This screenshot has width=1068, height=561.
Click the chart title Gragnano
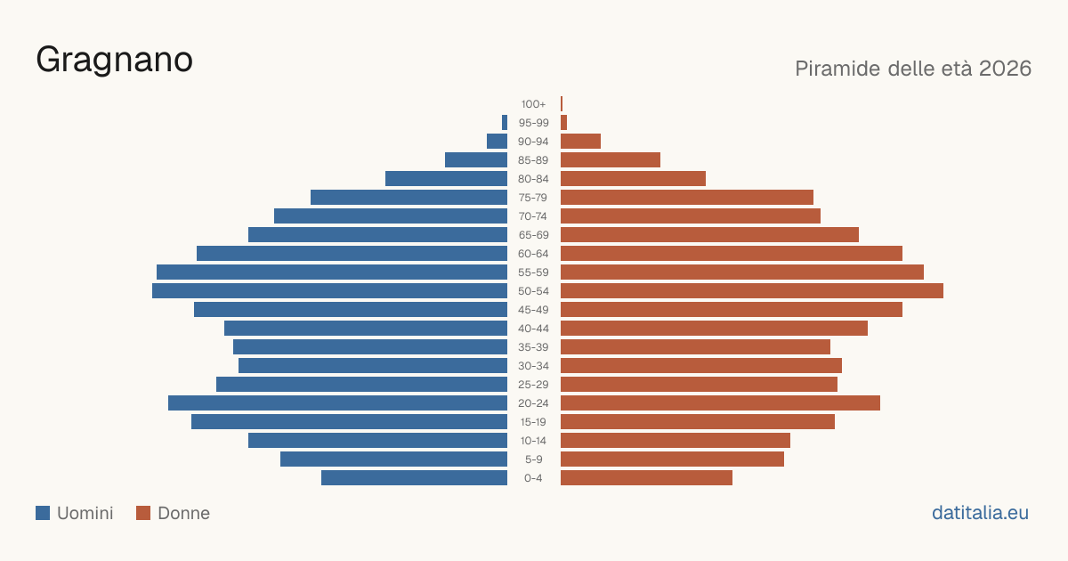pyautogui.click(x=115, y=61)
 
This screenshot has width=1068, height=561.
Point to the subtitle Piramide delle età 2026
pyautogui.click(x=913, y=69)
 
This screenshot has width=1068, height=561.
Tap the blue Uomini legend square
pyautogui.click(x=43, y=513)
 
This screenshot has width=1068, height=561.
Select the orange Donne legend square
pyautogui.click(x=143, y=513)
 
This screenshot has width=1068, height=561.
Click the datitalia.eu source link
pyautogui.click(x=980, y=513)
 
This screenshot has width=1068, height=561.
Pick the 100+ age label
pyautogui.click(x=533, y=104)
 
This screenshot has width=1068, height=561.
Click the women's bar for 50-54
pyautogui.click(x=752, y=291)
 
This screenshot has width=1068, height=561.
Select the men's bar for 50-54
pyautogui.click(x=329, y=291)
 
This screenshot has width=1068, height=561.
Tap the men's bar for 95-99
pyautogui.click(x=505, y=123)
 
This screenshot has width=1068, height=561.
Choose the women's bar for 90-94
pyautogui.click(x=580, y=142)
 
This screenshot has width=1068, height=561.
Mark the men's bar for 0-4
pyautogui.click(x=415, y=478)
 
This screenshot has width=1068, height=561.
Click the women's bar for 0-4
pyautogui.click(x=646, y=478)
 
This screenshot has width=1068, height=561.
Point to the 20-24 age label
pyautogui.click(x=533, y=403)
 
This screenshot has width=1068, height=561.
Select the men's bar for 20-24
pyautogui.click(x=337, y=403)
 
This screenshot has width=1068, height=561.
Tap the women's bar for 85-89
pyautogui.click(x=611, y=159)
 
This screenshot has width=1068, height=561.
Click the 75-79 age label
pyautogui.click(x=533, y=198)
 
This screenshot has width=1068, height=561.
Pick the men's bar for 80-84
pyautogui.click(x=446, y=179)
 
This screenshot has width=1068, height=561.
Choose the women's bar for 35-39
pyautogui.click(x=695, y=346)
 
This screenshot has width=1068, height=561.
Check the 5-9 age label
pyautogui.click(x=533, y=459)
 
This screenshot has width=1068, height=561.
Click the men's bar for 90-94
pyautogui.click(x=497, y=142)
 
